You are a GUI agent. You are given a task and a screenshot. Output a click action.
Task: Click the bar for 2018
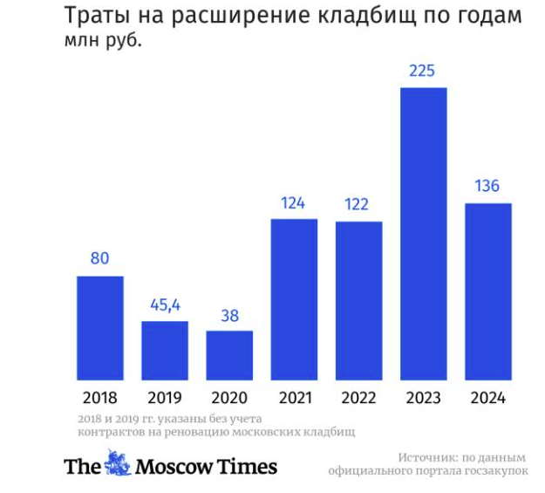coord(100,328)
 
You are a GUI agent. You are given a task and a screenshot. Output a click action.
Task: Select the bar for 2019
coord(165,351)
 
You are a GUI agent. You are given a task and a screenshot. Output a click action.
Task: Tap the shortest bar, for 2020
coord(229,355)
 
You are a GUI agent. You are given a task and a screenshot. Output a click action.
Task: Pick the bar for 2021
coord(294,299)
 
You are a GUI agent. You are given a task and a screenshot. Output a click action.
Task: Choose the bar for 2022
coord(359,301)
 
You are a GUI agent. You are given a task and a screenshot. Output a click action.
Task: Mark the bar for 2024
coord(488,291)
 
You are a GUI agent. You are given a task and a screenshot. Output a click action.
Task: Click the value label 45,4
coord(165,305)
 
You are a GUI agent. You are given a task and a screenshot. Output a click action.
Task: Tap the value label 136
coord(488,187)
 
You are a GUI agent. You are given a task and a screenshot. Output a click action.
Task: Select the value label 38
coord(229,315)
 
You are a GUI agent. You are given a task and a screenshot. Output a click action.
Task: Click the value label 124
coord(294,203)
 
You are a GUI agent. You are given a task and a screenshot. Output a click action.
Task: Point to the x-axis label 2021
coord(294,398)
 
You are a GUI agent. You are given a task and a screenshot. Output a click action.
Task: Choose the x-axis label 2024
coord(488,398)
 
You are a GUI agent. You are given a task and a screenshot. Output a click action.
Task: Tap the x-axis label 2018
coord(100,398)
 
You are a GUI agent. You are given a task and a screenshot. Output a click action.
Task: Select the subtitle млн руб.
coord(103,40)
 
